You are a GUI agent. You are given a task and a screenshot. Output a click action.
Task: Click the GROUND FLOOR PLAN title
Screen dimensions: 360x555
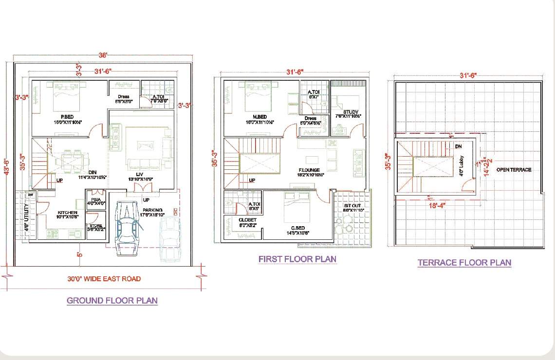[x=112, y=300]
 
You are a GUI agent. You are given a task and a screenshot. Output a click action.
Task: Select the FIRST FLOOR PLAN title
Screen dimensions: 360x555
[x=297, y=259]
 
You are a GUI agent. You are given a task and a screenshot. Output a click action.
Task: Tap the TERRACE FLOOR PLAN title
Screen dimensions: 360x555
[x=464, y=263]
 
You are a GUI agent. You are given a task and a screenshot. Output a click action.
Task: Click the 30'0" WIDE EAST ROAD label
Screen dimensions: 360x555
[x=104, y=279]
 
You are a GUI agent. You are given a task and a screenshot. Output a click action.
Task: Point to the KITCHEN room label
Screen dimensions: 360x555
[x=67, y=213]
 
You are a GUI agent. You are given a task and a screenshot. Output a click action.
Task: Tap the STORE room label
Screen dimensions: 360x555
[x=96, y=226]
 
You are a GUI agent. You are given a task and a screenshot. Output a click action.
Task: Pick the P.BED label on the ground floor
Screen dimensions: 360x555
[x=67, y=116]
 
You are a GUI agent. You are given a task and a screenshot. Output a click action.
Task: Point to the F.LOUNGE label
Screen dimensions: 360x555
[x=309, y=170]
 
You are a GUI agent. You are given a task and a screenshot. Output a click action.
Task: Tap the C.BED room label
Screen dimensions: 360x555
[x=298, y=227]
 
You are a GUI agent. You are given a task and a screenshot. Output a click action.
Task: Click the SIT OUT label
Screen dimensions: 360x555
[x=352, y=206]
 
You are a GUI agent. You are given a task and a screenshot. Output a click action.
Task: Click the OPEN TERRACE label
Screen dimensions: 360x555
[x=514, y=170]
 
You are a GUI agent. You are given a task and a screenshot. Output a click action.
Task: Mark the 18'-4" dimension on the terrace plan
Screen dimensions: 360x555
[x=436, y=206]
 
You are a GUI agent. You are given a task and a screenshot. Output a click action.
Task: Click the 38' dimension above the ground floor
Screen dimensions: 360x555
[x=103, y=55]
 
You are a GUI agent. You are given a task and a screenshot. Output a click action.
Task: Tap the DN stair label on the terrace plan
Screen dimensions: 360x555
[x=458, y=146]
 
